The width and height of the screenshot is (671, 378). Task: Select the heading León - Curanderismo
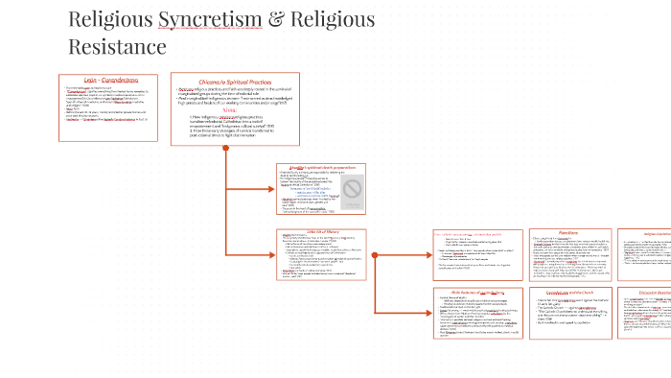tap(110, 80)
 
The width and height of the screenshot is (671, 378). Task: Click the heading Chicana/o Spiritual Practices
tap(235, 81)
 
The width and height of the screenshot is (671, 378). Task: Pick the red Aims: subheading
tap(234, 109)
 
